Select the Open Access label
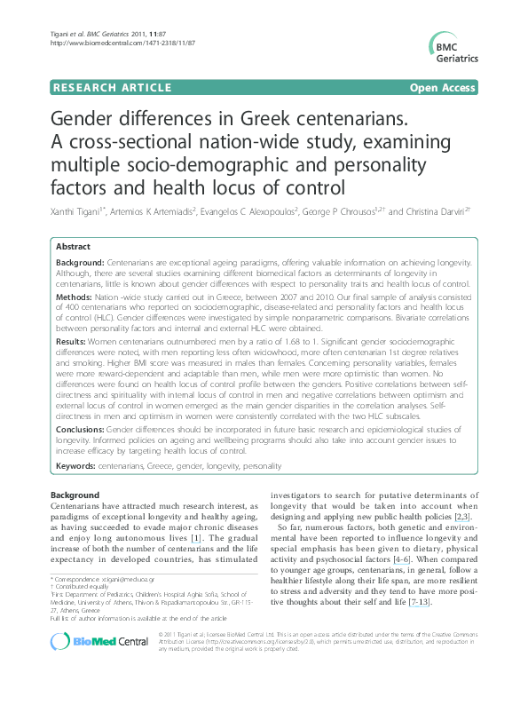point(443,87)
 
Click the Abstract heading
point(74,246)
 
